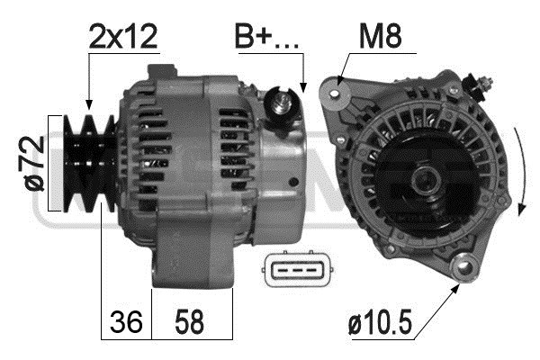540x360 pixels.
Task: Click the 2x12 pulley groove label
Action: [x=123, y=37]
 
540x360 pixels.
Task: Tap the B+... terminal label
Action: [x=266, y=36]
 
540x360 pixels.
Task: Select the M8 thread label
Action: [x=380, y=36]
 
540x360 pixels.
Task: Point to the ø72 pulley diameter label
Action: [x=34, y=163]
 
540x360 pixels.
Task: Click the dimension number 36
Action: [x=126, y=322]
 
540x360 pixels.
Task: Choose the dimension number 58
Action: [x=189, y=322]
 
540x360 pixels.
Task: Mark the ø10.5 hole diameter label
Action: [x=380, y=322]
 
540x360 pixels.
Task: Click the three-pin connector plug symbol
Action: [x=299, y=269]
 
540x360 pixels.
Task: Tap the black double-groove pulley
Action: [x=89, y=163]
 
